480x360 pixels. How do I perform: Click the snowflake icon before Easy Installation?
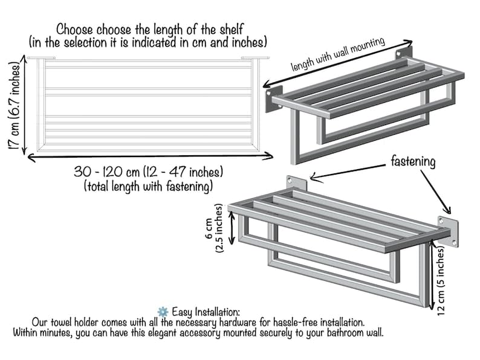(163, 312)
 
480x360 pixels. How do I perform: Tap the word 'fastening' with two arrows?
(413, 161)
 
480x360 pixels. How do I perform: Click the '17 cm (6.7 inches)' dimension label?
(15, 106)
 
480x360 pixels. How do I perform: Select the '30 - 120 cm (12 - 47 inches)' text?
(149, 172)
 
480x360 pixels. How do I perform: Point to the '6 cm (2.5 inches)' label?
(213, 228)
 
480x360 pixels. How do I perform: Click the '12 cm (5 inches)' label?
(441, 281)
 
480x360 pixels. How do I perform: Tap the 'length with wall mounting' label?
(338, 54)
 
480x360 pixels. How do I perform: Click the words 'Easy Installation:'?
(206, 312)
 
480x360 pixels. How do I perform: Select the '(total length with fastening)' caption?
(149, 186)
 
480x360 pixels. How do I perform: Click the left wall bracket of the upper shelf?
(273, 99)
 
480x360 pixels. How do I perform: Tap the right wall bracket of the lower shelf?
(449, 231)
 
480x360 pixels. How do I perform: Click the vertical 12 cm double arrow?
(432, 274)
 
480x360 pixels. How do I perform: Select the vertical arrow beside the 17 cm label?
(25, 106)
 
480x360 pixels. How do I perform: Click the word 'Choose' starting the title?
(74, 30)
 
